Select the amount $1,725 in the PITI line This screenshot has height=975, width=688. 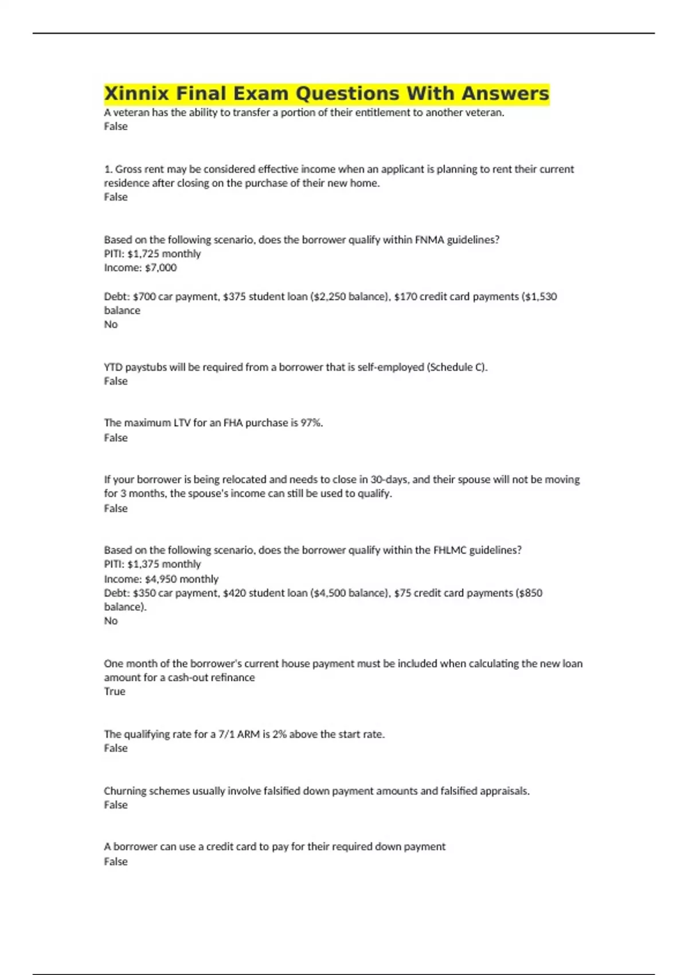click(143, 253)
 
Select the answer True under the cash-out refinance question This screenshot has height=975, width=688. click(114, 692)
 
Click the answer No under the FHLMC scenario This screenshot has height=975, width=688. click(110, 621)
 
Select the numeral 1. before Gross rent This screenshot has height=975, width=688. click(108, 169)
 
